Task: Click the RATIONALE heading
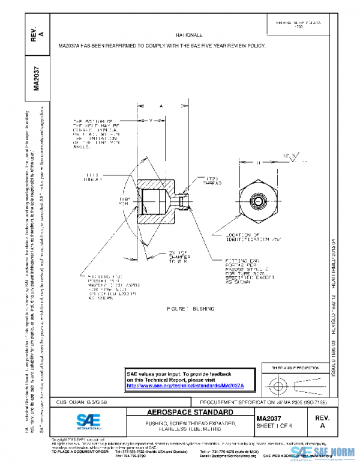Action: [x=189, y=35]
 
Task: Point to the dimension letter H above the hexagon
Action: [x=258, y=162]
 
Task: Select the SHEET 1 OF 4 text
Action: [x=272, y=425]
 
